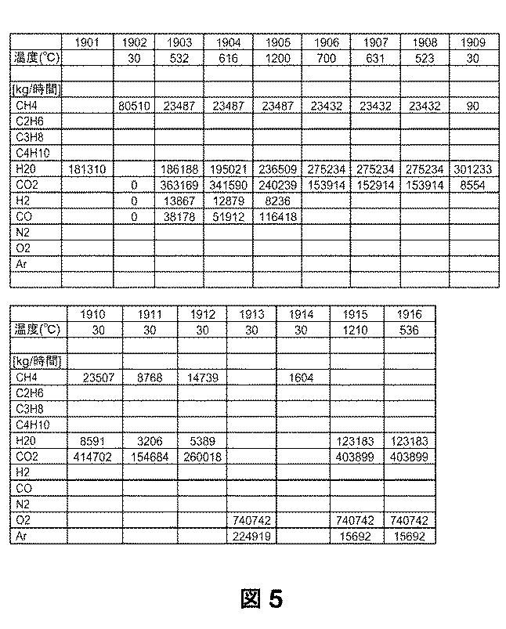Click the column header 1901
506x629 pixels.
pyautogui.click(x=91, y=42)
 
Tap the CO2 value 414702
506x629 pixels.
pyautogui.click(x=95, y=456)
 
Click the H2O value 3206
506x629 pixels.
pyautogui.click(x=150, y=440)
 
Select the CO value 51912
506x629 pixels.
pyautogui.click(x=228, y=216)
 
